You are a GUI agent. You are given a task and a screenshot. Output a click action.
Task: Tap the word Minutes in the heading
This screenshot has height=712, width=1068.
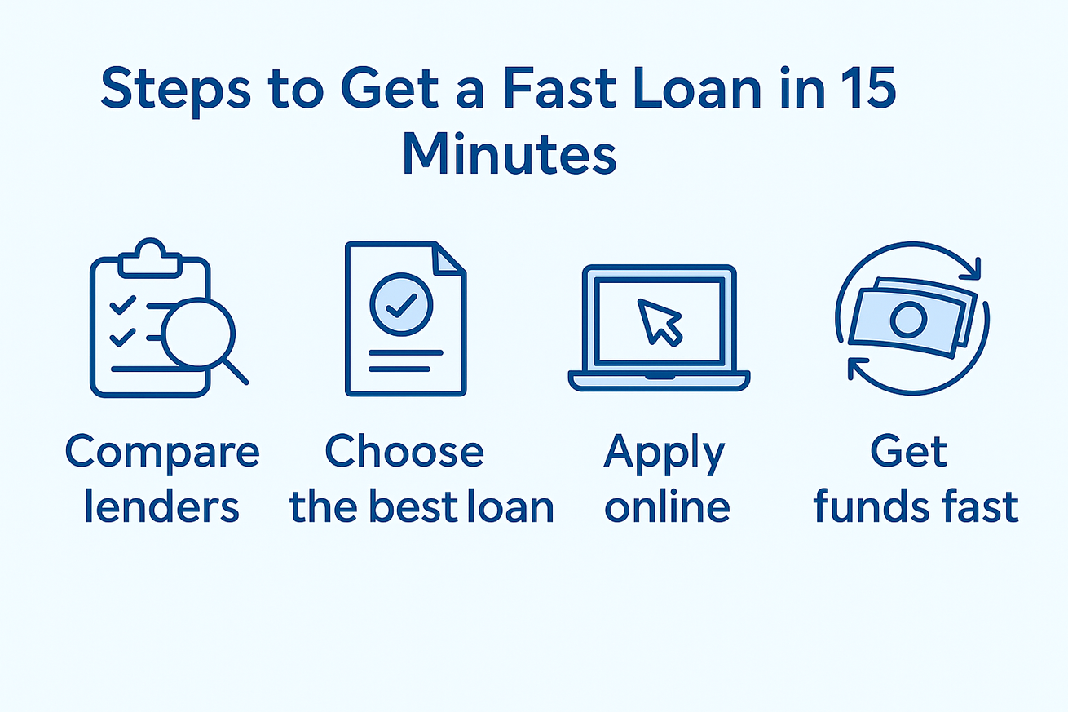click(x=510, y=153)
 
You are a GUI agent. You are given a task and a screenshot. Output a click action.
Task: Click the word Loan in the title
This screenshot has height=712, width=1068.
click(x=697, y=88)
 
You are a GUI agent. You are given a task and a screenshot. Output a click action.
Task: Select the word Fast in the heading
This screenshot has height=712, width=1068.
click(x=560, y=88)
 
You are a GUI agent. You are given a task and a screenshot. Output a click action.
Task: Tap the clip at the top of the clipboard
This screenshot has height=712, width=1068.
click(x=150, y=259)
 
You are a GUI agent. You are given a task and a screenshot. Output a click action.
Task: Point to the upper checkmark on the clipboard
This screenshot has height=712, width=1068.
click(x=123, y=305)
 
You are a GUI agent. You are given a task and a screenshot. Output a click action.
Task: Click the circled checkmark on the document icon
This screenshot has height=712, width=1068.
click(x=401, y=304)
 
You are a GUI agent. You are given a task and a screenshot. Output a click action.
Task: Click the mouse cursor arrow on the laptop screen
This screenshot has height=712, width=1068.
click(x=660, y=321)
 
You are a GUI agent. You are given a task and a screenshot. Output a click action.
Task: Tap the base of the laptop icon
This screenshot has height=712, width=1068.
click(x=660, y=381)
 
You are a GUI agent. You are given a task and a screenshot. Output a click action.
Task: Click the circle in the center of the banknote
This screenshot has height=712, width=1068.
click(x=909, y=320)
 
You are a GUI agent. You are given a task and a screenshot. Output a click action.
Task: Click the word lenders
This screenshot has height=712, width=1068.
click(x=161, y=506)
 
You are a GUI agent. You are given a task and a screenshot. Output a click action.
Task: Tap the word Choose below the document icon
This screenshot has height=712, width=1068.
click(x=404, y=451)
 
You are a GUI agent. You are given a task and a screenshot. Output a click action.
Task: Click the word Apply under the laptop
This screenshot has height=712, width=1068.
click(x=664, y=453)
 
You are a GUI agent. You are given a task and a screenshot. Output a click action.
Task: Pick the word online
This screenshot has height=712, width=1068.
click(x=668, y=506)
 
